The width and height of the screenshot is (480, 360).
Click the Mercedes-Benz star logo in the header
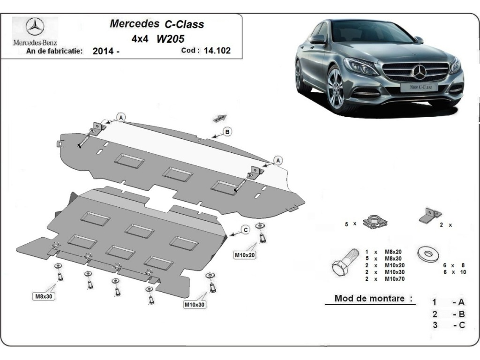[35, 27]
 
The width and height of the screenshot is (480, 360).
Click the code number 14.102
[217, 51]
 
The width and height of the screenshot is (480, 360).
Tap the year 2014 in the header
[103, 51]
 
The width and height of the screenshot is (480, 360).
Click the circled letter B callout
[227, 132]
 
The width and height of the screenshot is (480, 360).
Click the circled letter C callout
[245, 230]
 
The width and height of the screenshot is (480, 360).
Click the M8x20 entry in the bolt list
[393, 252]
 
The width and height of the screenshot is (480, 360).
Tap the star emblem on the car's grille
[419, 72]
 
